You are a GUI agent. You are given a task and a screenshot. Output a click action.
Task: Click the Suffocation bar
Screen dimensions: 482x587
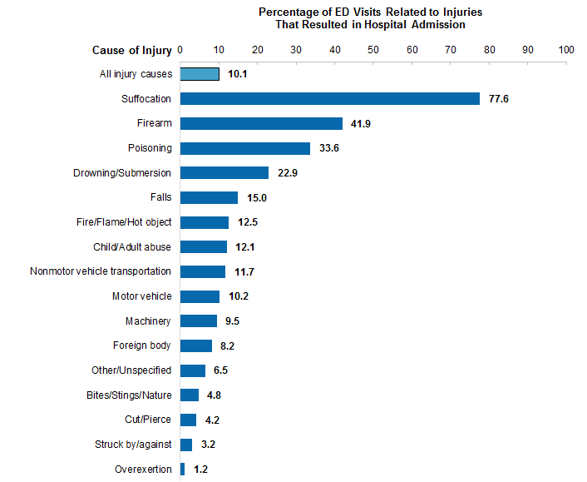pyautogui.click(x=330, y=99)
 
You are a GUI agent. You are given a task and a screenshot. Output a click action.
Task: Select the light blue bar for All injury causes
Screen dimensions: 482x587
pyautogui.click(x=200, y=74)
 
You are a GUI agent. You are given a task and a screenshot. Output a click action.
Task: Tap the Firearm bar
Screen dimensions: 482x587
pyautogui.click(x=261, y=123)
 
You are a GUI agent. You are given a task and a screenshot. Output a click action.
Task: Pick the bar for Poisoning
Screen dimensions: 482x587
pyautogui.click(x=245, y=148)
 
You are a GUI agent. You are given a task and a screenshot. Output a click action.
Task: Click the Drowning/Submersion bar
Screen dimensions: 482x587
pyautogui.click(x=224, y=173)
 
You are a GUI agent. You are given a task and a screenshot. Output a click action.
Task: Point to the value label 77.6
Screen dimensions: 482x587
pyautogui.click(x=499, y=99)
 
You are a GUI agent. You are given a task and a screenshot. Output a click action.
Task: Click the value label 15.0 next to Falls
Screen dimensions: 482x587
pyautogui.click(x=256, y=198)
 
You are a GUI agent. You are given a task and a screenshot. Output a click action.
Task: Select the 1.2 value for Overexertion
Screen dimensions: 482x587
pyautogui.click(x=200, y=470)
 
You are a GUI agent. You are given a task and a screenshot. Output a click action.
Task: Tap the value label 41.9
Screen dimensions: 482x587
pyautogui.click(x=361, y=124)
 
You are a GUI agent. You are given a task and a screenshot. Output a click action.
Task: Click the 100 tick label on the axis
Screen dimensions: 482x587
pyautogui.click(x=566, y=51)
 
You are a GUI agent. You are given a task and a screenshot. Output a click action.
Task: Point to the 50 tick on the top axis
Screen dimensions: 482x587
pyautogui.click(x=373, y=51)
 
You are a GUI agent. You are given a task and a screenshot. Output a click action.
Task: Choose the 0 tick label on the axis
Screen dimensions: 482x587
pyautogui.click(x=180, y=51)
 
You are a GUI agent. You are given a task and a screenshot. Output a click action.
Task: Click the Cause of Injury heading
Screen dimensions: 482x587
pyautogui.click(x=132, y=51)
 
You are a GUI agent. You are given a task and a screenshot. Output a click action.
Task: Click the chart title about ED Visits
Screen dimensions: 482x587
pyautogui.click(x=370, y=18)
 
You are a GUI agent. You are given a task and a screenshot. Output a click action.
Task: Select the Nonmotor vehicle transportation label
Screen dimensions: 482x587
pyautogui.click(x=101, y=271)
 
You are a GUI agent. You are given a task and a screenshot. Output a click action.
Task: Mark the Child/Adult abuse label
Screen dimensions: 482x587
pyautogui.click(x=132, y=247)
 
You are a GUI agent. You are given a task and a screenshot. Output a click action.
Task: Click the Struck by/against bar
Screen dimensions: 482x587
pyautogui.click(x=186, y=445)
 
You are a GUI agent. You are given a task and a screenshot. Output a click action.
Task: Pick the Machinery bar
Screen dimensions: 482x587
pyautogui.click(x=199, y=321)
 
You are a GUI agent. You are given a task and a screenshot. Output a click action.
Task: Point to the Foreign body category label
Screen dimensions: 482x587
pyautogui.click(x=142, y=345)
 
